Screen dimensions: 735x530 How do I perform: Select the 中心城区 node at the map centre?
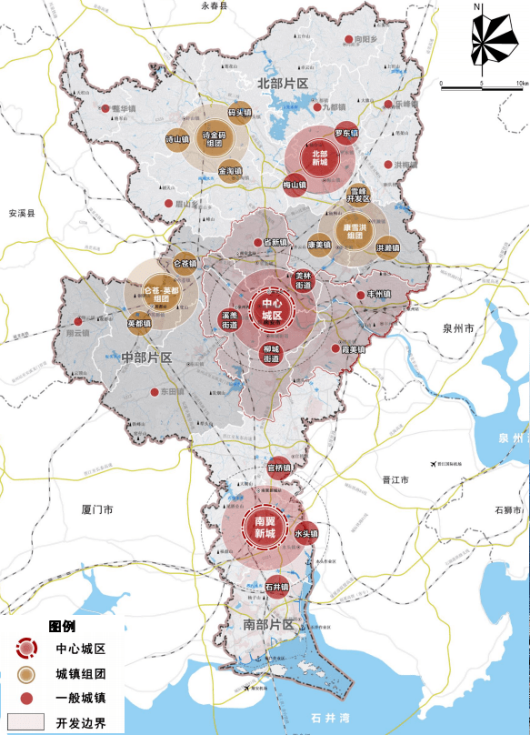(271, 309)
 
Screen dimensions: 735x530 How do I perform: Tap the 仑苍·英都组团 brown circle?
(161, 294)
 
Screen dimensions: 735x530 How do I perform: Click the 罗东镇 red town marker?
(346, 133)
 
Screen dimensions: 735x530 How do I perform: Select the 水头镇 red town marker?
(304, 534)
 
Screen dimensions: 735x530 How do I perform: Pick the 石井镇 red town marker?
(277, 588)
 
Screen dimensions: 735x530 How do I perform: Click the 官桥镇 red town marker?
(279, 468)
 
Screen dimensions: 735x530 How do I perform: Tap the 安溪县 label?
(18, 215)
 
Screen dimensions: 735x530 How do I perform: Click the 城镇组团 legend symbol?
(26, 673)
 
